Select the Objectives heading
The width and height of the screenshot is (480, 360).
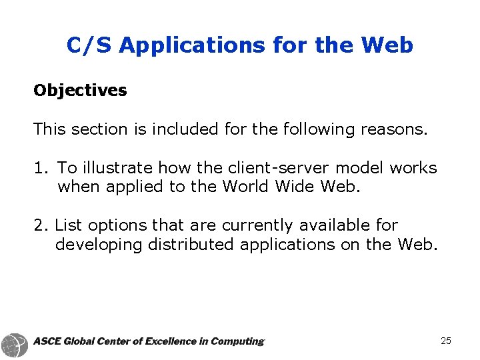tap(80, 91)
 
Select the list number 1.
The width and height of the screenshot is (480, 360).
tap(39, 168)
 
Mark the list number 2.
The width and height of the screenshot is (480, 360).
tap(39, 226)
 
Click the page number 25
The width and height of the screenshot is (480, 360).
tap(446, 341)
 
